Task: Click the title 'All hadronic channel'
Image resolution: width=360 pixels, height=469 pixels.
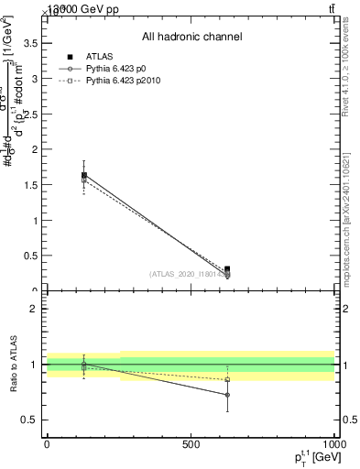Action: [191, 38]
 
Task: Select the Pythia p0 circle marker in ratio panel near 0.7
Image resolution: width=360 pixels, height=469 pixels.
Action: [227, 395]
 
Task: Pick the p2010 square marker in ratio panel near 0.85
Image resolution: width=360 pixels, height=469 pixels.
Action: [227, 379]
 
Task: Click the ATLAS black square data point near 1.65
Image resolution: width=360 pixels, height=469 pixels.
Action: [84, 175]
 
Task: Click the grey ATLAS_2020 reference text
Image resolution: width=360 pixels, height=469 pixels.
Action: [189, 274]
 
